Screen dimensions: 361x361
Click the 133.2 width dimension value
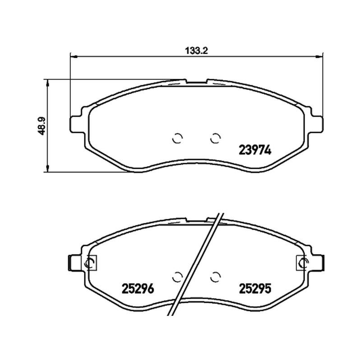tap(197, 51)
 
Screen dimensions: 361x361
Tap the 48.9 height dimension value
tap(42, 126)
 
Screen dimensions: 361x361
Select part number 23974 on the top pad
tap(255, 150)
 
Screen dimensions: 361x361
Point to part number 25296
tap(138, 288)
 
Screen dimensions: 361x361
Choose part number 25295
tap(255, 288)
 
